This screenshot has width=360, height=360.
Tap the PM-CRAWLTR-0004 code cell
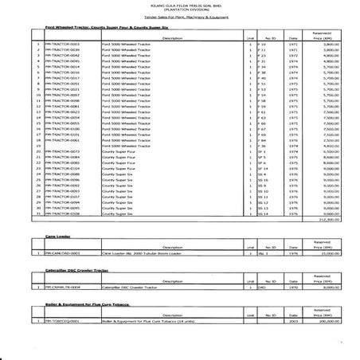point(64,288)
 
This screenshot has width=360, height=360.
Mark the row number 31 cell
point(37,213)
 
